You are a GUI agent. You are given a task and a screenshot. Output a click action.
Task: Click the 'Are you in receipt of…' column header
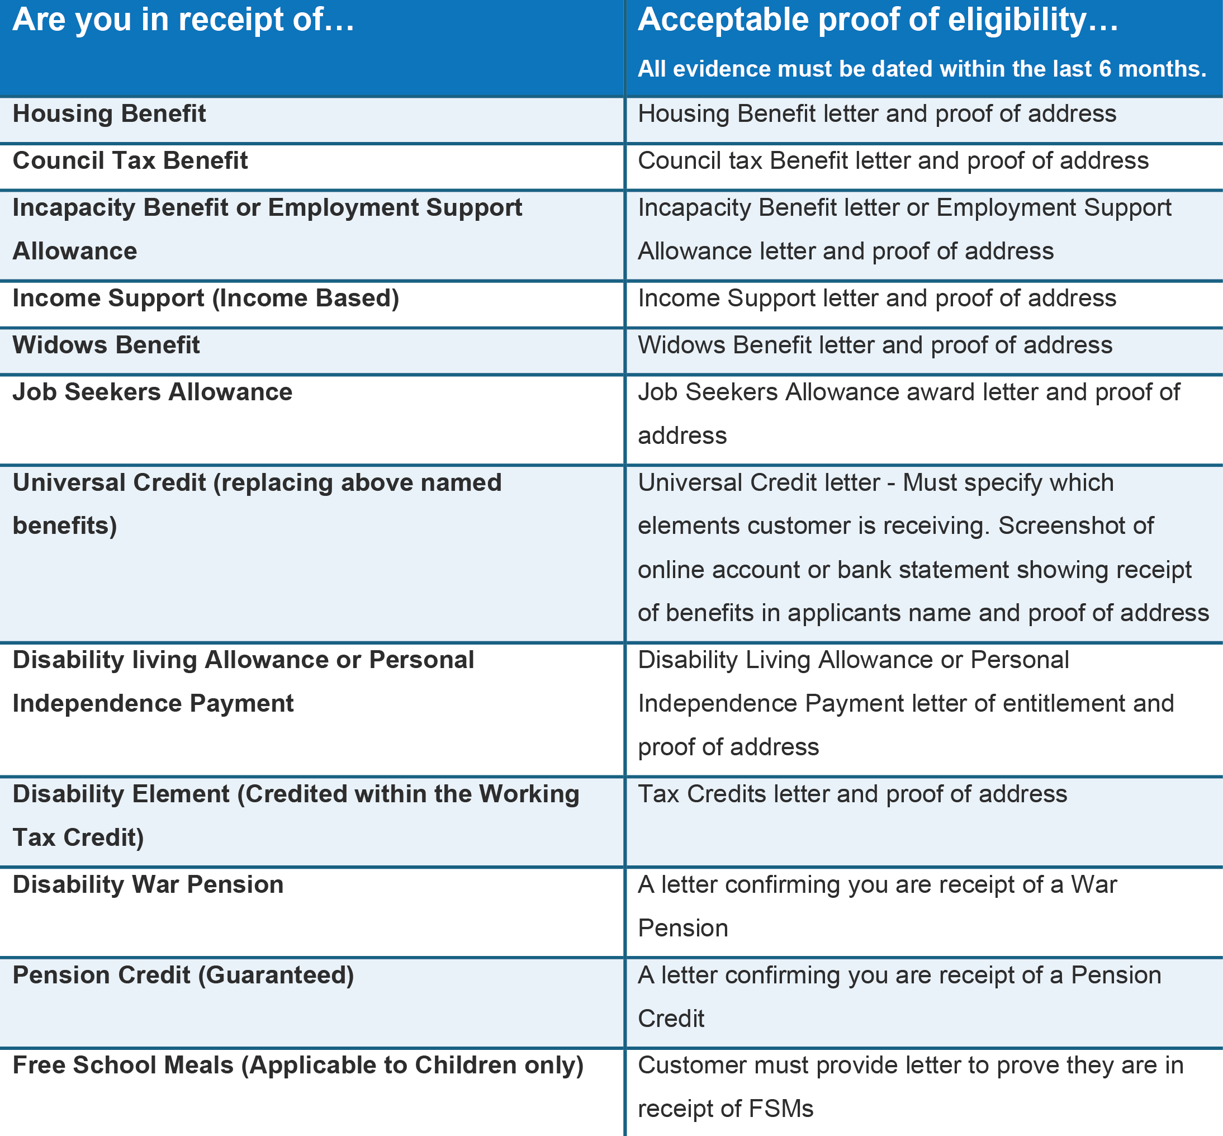pos(183,20)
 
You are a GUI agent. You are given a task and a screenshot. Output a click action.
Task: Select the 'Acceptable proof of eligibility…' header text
pos(878,20)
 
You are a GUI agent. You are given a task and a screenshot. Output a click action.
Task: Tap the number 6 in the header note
pos(1105,69)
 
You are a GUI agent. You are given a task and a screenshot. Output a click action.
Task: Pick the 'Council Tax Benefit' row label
pos(130,161)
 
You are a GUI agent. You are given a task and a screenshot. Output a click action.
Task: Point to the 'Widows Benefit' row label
pos(106,345)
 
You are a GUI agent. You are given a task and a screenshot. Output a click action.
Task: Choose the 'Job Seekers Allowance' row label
pos(153,392)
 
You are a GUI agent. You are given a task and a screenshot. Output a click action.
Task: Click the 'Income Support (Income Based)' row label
pos(206,298)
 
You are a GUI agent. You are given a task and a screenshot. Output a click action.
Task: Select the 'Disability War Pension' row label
pos(148,884)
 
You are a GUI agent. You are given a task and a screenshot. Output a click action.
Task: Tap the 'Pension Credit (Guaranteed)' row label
pos(183,976)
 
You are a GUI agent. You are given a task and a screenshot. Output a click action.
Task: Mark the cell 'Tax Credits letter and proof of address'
pos(852,794)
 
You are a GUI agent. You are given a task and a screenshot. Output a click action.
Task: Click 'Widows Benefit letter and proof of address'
pos(875,345)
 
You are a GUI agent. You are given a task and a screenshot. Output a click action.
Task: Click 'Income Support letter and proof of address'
pos(877,298)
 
